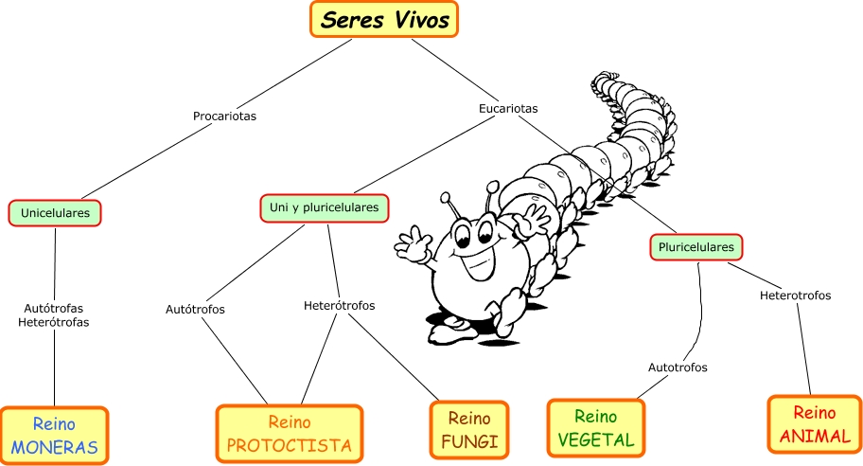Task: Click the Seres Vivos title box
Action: [x=383, y=20]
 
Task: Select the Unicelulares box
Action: [x=55, y=213]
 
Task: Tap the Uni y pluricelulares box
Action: [x=325, y=207]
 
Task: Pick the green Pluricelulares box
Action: [x=695, y=247]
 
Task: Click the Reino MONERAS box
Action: [x=54, y=436]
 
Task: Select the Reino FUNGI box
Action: [x=468, y=429]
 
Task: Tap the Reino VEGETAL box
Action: [x=595, y=428]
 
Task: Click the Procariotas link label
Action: [x=224, y=116]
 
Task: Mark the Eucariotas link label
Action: [x=508, y=109]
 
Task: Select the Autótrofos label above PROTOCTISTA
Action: [x=195, y=309]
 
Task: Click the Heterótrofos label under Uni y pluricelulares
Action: [x=339, y=306]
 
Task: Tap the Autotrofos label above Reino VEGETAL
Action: [x=678, y=367]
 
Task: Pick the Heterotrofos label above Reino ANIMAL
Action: [x=795, y=296]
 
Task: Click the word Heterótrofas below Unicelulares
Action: [x=54, y=322]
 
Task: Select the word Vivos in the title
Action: [x=417, y=20]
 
